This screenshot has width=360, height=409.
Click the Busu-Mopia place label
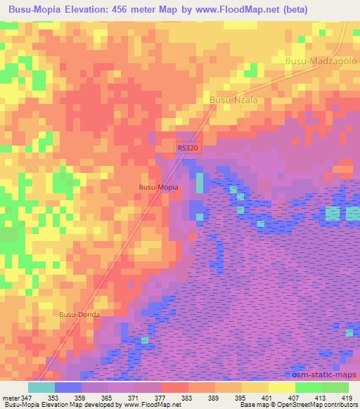[x=158, y=188]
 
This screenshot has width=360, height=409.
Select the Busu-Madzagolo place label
[x=321, y=62]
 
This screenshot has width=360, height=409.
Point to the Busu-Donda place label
[x=79, y=315]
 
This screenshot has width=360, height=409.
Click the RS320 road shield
[x=187, y=148]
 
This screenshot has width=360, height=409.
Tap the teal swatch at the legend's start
[x=41, y=387]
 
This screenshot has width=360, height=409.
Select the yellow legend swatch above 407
[x=282, y=387]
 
